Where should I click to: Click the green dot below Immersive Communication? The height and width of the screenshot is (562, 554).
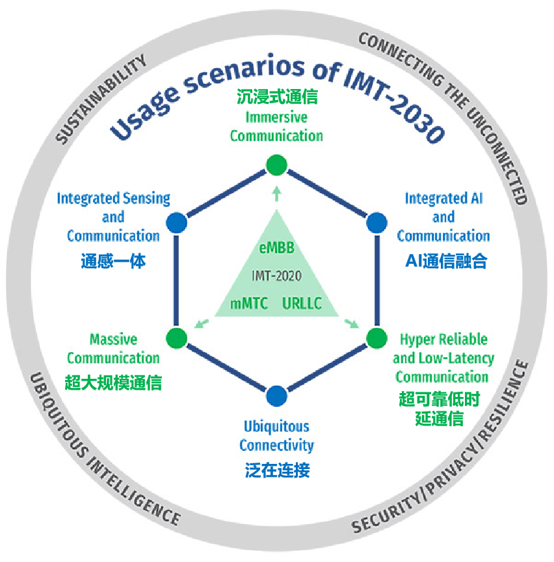point(276,165)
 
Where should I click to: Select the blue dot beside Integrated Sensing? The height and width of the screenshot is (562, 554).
point(176,223)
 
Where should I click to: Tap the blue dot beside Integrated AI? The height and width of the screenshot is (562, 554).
point(376,223)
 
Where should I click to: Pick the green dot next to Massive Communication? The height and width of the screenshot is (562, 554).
point(176,338)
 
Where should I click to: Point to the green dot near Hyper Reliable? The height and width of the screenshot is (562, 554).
point(376,338)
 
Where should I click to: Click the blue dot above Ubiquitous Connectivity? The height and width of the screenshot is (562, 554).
point(276,396)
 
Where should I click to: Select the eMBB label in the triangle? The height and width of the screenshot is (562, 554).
point(276,248)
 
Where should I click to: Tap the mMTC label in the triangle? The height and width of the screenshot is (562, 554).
point(249,303)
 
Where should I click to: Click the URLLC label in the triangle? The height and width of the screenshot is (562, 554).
point(302,303)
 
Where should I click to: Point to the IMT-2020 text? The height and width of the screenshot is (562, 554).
point(276,275)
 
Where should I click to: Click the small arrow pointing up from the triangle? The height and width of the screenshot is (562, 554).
point(276,194)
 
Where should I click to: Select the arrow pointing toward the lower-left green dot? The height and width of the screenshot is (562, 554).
point(202,324)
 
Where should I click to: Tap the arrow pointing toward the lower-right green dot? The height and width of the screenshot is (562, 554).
point(352,324)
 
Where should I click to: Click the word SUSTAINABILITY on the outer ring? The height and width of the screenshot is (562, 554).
point(101,99)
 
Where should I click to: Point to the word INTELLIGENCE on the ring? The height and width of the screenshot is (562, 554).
point(135,491)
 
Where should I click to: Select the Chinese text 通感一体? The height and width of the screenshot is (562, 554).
point(113,261)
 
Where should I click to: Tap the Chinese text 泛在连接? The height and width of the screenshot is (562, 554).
point(277,470)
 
